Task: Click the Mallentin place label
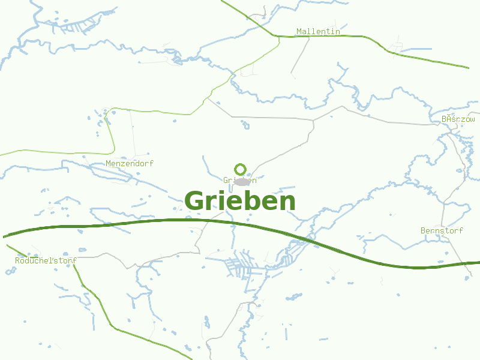point(318,31)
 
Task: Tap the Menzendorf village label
point(130,163)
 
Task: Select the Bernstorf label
point(442,230)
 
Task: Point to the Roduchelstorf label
point(45,260)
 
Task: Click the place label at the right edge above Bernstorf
point(458,119)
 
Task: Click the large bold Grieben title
point(240,201)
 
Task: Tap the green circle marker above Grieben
point(240,169)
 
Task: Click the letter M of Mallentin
point(299,31)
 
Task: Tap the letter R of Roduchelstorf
point(18,260)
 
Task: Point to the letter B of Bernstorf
point(423,230)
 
